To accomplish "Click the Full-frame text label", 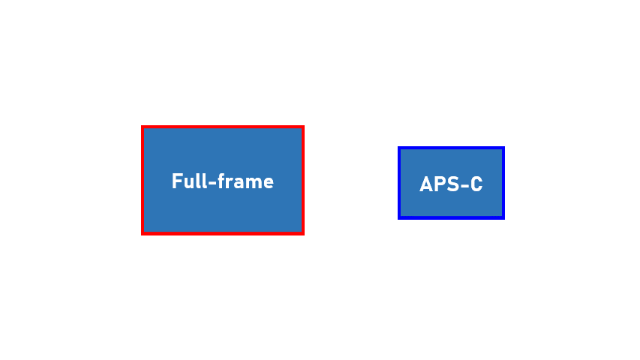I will (x=222, y=181).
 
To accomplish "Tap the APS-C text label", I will (x=451, y=184).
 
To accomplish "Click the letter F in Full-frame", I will (x=176, y=181).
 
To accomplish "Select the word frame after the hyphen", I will (x=245, y=181).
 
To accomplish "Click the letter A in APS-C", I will (x=426, y=184).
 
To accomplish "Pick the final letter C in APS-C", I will (x=476, y=184).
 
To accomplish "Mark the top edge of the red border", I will (x=222, y=127).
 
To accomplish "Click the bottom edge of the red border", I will (x=222, y=233).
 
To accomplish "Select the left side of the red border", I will (x=143, y=181).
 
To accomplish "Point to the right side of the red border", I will (x=302, y=181).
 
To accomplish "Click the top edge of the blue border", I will (x=451, y=148).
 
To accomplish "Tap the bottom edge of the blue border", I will (x=451, y=217).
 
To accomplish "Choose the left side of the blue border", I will (x=400, y=183).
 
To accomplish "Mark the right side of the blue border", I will (x=503, y=183).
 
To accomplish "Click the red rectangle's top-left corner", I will (x=143, y=127).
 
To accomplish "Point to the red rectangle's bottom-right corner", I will (x=302, y=233).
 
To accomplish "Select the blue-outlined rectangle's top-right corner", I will (x=503, y=148).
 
